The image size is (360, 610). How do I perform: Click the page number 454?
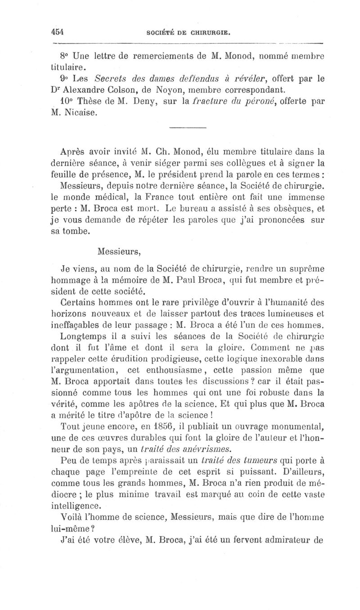pos(58,32)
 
